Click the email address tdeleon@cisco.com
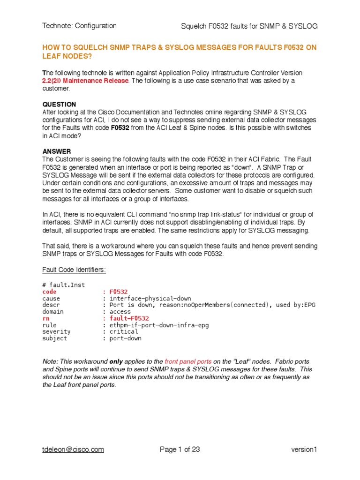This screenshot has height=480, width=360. [x=73, y=450]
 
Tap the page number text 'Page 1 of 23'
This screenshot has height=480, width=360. [x=180, y=450]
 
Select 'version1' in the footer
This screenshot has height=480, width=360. [x=304, y=450]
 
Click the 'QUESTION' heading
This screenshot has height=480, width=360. [x=59, y=104]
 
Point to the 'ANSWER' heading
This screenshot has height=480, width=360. [x=57, y=151]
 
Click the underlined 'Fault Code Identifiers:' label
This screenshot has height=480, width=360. [x=74, y=270]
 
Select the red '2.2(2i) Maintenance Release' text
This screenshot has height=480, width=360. [x=85, y=81]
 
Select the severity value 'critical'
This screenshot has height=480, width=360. [x=124, y=331]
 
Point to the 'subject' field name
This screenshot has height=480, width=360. [x=54, y=338]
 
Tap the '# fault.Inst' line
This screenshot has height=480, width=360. [x=63, y=285]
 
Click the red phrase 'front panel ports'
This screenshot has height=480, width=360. [x=188, y=362]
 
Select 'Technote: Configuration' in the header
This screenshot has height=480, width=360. [x=80, y=26]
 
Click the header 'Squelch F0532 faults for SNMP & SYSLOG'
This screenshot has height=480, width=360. [x=249, y=26]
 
